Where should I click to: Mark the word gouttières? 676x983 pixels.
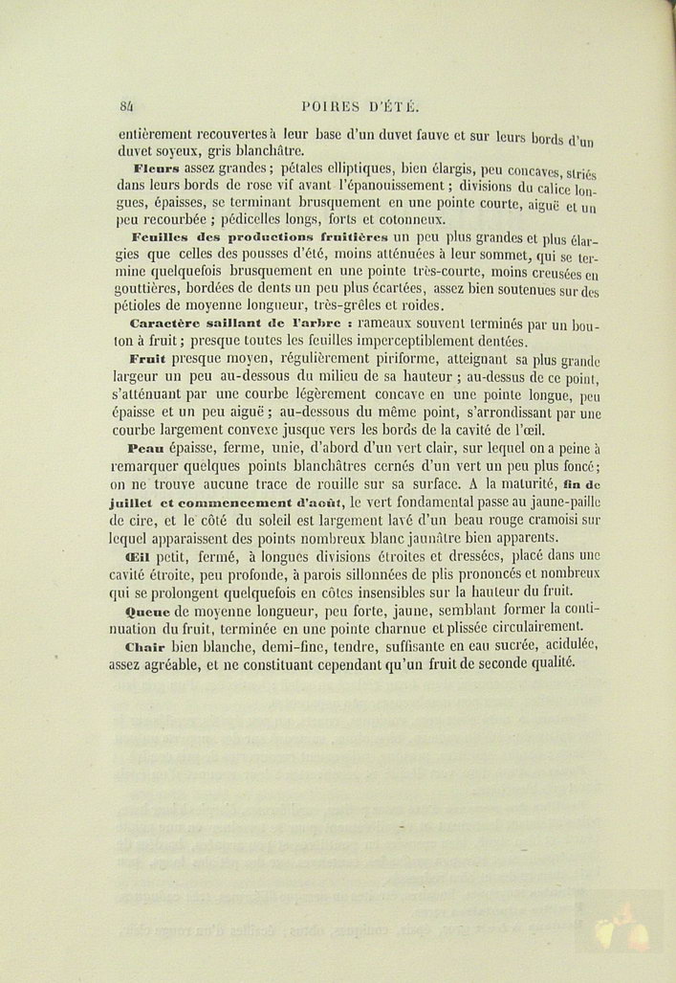point(155,288)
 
